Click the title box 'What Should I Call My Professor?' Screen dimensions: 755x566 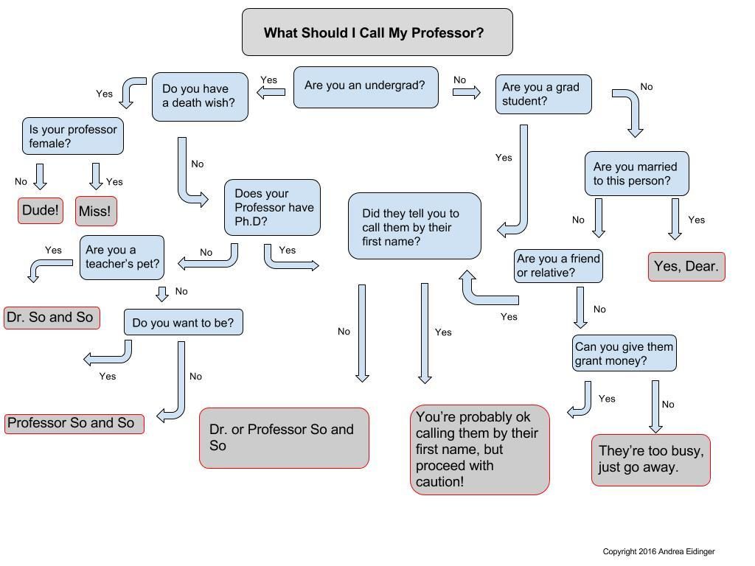[377, 32]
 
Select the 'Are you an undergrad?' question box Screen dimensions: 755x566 [366, 87]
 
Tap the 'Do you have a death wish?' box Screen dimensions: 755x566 [200, 97]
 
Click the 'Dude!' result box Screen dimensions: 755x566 [41, 210]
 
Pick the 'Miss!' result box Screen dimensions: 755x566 [96, 211]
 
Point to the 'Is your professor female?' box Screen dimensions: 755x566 [73, 136]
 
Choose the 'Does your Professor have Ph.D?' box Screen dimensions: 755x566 [272, 207]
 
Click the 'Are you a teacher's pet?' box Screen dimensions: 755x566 [122, 257]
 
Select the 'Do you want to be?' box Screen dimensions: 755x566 [183, 322]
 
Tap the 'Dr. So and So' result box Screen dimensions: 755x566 [52, 318]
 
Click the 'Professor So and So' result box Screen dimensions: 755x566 [74, 424]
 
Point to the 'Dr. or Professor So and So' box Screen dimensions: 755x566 [284, 438]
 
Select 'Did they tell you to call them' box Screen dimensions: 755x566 [414, 226]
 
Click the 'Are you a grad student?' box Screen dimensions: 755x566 [543, 94]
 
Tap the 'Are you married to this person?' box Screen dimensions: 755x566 [636, 174]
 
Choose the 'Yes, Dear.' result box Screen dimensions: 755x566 [686, 267]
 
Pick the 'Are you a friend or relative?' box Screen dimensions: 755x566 [558, 265]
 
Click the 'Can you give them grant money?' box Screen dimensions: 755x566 [624, 353]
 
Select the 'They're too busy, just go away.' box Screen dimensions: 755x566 [650, 460]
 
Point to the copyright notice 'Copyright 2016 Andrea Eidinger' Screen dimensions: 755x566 [658, 551]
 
